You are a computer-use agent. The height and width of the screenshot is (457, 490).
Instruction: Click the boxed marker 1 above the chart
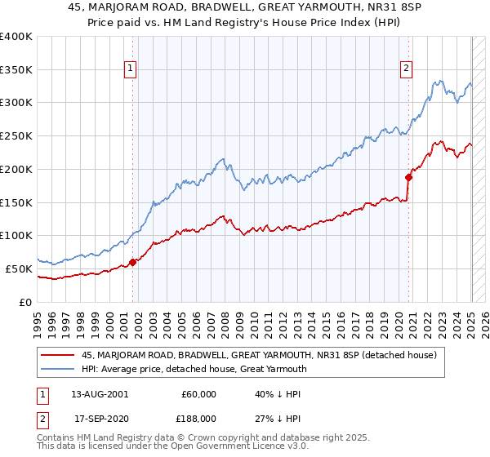click(131, 69)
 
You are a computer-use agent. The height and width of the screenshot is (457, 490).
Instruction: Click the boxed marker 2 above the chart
click(406, 69)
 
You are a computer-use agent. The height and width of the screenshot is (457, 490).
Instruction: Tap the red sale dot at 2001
click(132, 262)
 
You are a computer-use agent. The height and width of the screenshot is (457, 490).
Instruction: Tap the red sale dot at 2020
click(408, 176)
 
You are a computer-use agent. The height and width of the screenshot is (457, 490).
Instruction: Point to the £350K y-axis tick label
click(16, 70)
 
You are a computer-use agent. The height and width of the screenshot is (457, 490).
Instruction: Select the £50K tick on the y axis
click(19, 268)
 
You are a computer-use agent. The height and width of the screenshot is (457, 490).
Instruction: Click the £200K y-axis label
click(16, 169)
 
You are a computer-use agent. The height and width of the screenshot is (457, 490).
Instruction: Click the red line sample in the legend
click(58, 355)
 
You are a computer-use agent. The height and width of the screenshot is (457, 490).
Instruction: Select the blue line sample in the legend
click(58, 369)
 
